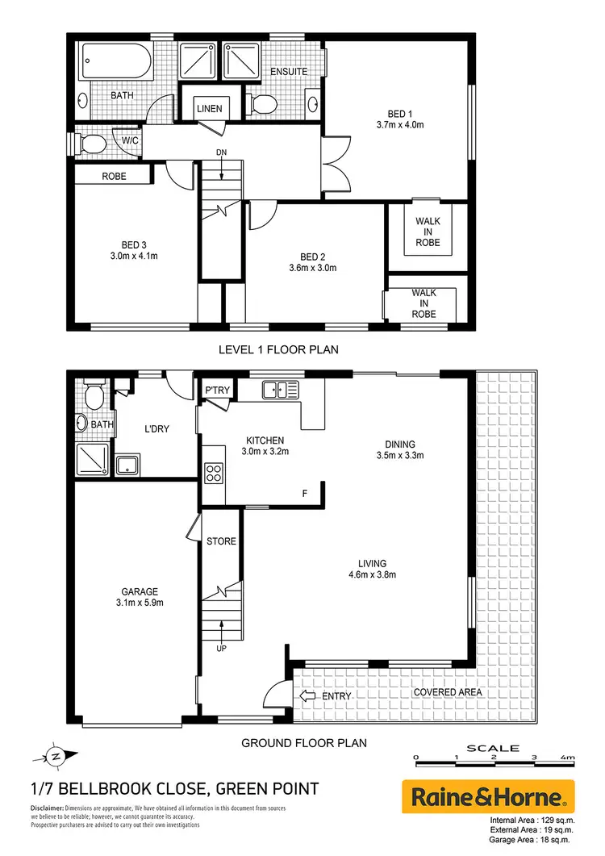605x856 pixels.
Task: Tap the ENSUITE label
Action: (x=289, y=72)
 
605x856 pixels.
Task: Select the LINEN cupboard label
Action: (x=210, y=109)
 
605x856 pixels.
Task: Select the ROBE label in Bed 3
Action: (x=114, y=176)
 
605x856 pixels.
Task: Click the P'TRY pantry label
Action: (x=216, y=390)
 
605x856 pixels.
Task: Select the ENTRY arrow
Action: (x=309, y=696)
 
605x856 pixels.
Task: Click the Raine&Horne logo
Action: (x=488, y=798)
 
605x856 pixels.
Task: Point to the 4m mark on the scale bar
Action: (x=567, y=758)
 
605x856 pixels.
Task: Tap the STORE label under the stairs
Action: (x=221, y=541)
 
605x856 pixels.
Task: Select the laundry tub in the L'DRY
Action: (x=127, y=465)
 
